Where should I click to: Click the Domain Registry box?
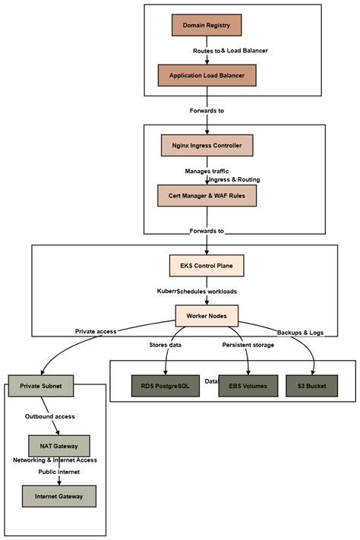[207, 25]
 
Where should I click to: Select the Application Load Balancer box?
[207, 75]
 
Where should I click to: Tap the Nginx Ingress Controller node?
[207, 144]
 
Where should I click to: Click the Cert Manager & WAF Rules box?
[207, 195]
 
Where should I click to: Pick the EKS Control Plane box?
[207, 266]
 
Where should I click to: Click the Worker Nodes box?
[207, 314]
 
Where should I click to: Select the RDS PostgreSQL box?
[163, 386]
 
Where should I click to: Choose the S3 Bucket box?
[311, 386]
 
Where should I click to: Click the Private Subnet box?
[39, 385]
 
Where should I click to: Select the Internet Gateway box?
[59, 496]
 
